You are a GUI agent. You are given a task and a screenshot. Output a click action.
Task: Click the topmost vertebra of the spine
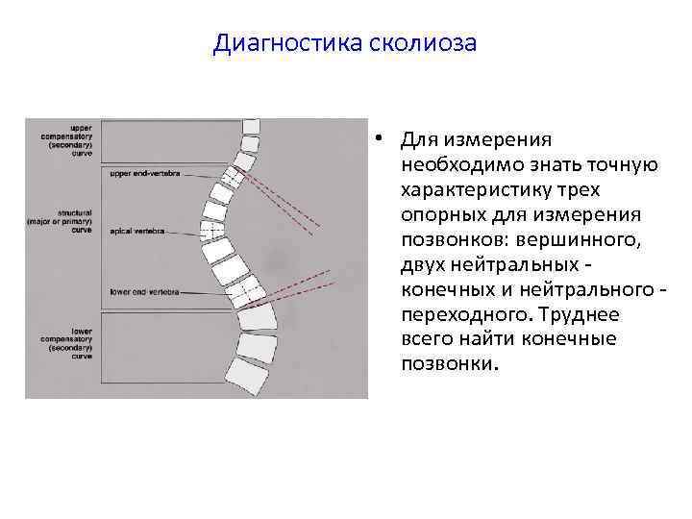click(x=252, y=127)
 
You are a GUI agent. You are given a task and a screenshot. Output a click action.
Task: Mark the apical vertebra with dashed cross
click(x=212, y=231)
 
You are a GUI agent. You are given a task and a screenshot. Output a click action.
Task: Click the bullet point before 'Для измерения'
click(x=382, y=139)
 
